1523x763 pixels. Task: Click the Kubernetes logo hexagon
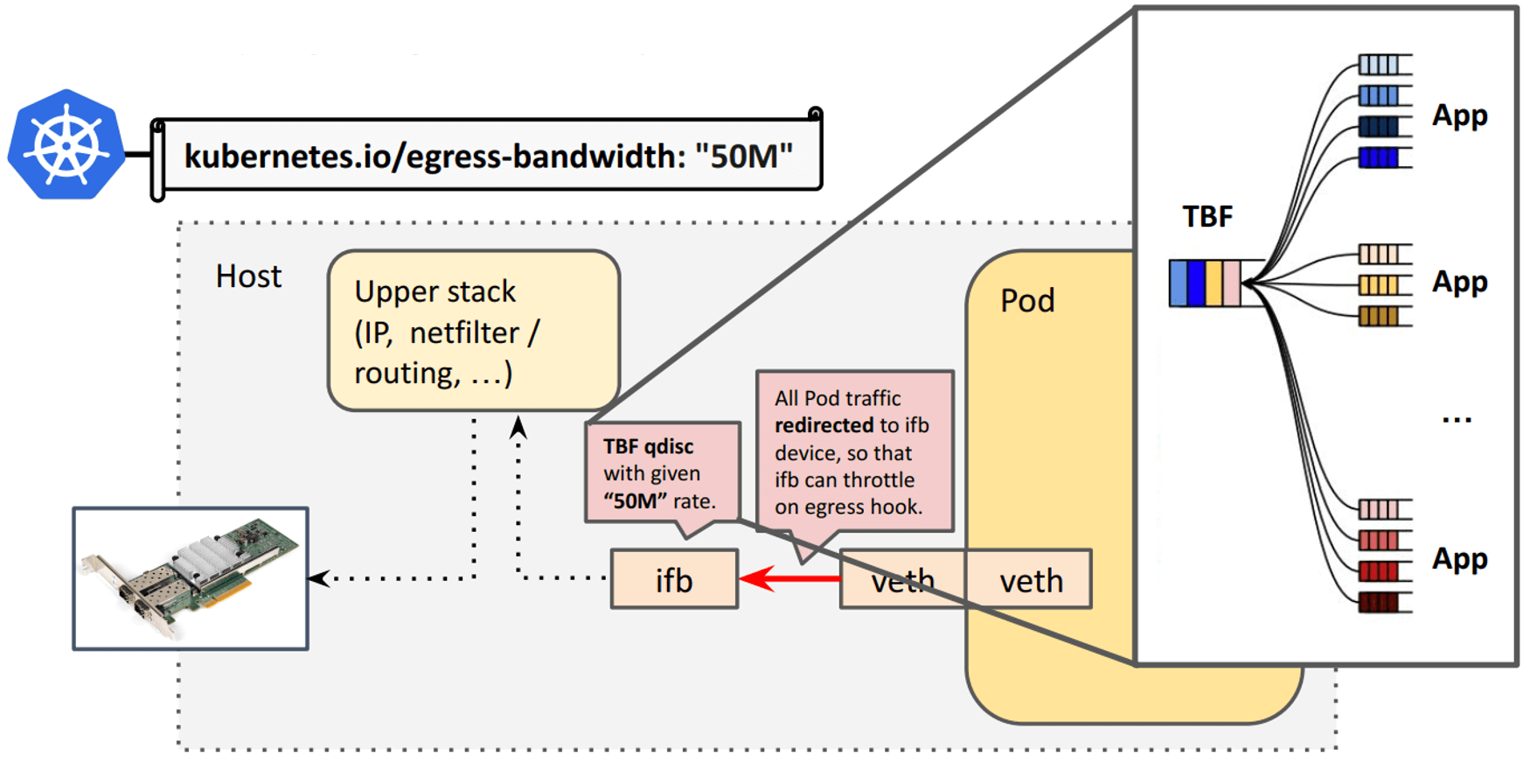[66, 144]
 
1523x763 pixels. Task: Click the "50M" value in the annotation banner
[743, 157]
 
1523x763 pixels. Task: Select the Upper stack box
[473, 331]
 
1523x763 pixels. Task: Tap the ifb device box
[674, 579]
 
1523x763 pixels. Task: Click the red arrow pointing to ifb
[787, 578]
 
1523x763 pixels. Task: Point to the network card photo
[191, 578]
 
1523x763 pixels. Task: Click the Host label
[248, 276]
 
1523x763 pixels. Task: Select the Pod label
[1027, 301]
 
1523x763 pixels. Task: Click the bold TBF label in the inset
[1207, 217]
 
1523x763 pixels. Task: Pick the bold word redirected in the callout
[824, 425]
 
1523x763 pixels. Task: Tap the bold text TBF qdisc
[648, 446]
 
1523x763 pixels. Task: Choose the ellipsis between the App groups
[1457, 419]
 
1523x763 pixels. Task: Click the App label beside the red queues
[1459, 558]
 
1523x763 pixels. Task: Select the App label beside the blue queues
[1459, 115]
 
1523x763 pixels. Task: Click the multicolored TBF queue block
[1206, 283]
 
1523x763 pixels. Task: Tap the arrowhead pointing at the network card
[318, 578]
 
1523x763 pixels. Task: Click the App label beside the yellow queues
[1459, 282]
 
